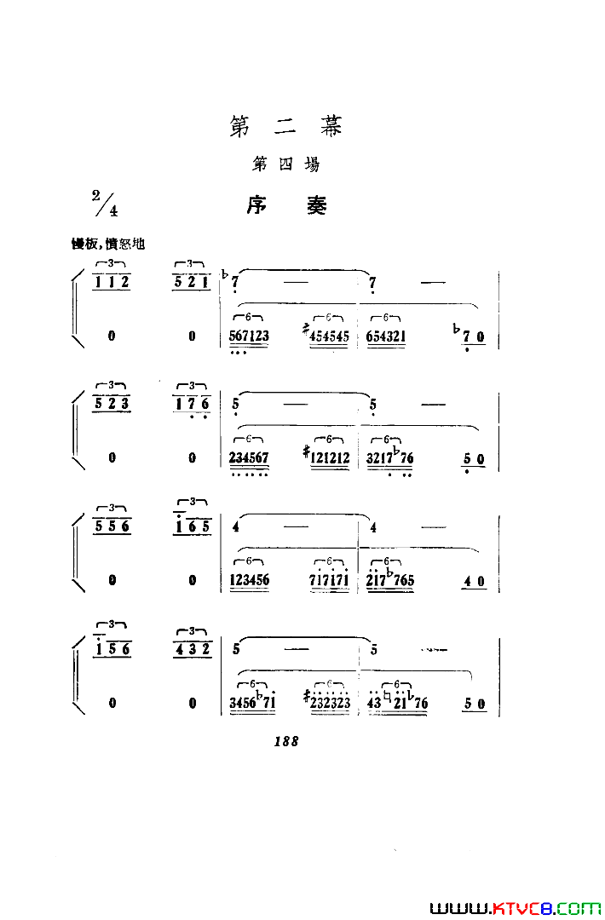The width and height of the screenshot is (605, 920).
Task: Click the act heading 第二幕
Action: coord(285,127)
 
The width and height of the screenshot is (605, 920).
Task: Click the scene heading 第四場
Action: coord(285,164)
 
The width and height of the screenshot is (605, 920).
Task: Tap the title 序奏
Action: coord(286,205)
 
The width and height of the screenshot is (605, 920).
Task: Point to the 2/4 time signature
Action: coord(105,203)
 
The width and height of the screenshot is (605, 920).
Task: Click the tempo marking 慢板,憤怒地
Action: coord(108,244)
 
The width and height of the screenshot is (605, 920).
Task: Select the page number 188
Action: coord(285,742)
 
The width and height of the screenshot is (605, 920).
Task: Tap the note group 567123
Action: coord(249,336)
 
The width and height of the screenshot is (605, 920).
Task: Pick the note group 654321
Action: coord(386,336)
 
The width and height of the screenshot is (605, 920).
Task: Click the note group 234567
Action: coord(249,458)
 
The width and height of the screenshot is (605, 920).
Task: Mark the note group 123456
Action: coord(249,581)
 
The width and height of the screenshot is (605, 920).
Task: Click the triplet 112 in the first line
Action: coord(112,283)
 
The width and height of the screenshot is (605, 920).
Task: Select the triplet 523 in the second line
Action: coord(112,404)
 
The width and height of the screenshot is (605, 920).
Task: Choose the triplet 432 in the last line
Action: coord(193,649)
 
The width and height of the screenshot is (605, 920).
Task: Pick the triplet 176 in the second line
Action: coord(193,404)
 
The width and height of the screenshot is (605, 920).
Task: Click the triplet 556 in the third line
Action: coord(112,526)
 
